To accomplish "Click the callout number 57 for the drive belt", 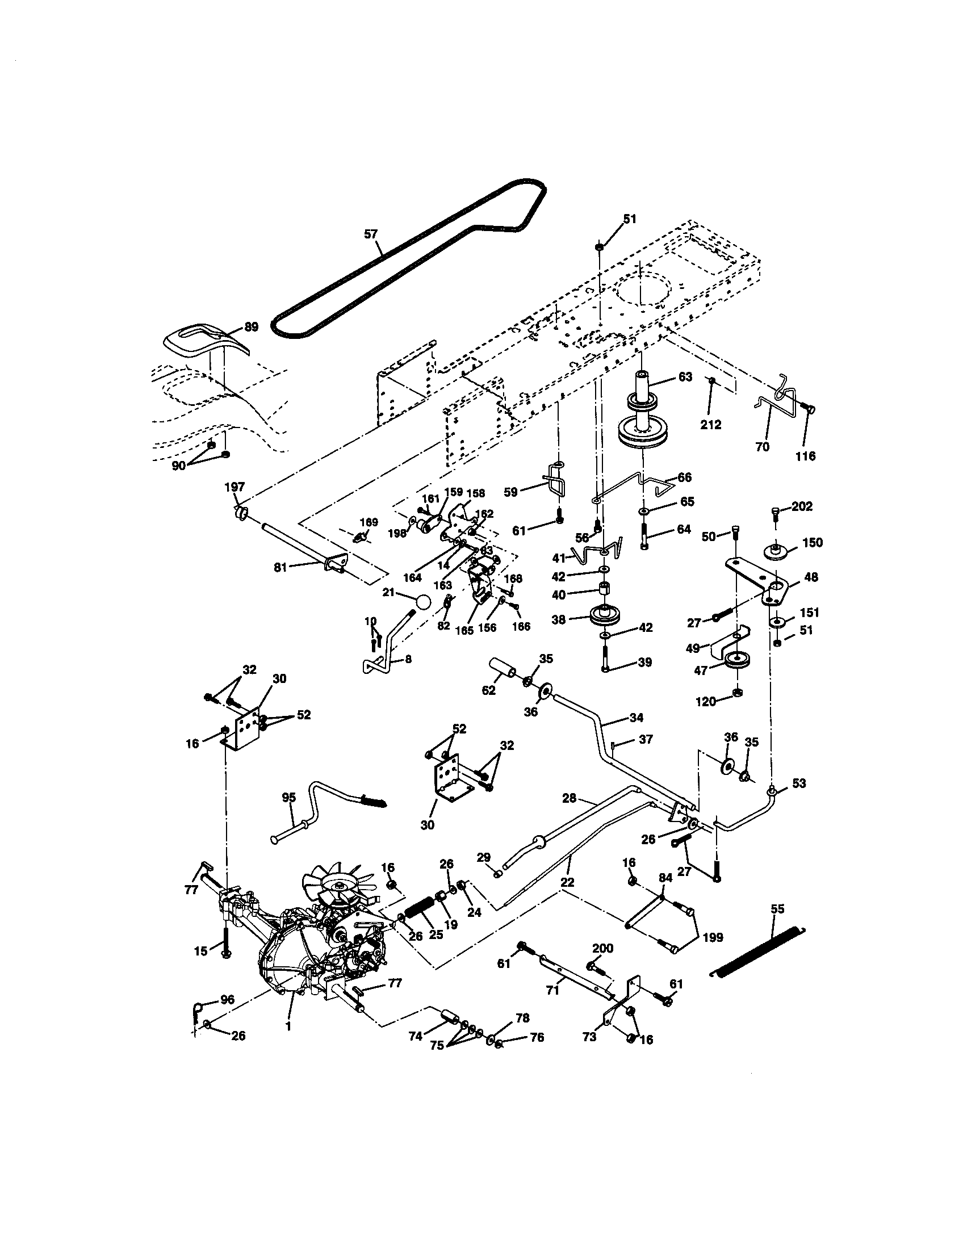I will [371, 233].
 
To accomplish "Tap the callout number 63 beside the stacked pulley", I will [685, 377].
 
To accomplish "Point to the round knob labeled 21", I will [423, 602].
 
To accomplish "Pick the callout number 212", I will [711, 424].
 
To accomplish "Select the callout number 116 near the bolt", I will [805, 456].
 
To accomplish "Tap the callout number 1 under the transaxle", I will [288, 1026].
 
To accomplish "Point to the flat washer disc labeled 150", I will [777, 550].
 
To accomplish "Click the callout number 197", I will [235, 487].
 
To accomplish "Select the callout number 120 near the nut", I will [706, 701].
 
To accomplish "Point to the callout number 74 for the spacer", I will [416, 1036].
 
